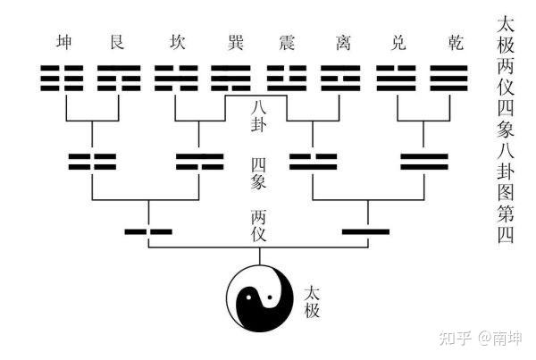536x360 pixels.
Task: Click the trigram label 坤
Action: click(x=63, y=43)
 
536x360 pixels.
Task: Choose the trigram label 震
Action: click(x=287, y=43)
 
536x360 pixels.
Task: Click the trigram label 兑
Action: click(x=399, y=43)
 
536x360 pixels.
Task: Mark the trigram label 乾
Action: click(x=456, y=43)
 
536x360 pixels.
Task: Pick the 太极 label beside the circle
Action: click(x=312, y=303)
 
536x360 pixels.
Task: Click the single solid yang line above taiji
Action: click(x=367, y=232)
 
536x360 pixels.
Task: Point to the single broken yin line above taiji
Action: click(x=147, y=232)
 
